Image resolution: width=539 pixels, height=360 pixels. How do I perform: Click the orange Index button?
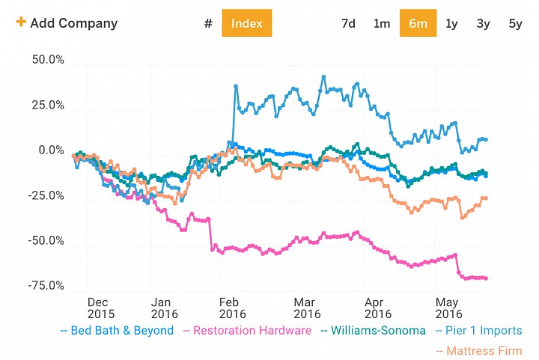pyautogui.click(x=247, y=23)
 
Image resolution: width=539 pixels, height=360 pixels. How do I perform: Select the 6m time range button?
pyautogui.click(x=418, y=23)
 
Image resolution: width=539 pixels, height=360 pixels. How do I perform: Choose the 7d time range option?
pyautogui.click(x=348, y=23)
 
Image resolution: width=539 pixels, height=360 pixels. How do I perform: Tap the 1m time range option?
pyautogui.click(x=382, y=23)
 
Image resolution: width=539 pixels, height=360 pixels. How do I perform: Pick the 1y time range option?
pyautogui.click(x=451, y=24)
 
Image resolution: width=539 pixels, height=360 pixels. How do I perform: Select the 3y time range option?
pyautogui.click(x=483, y=24)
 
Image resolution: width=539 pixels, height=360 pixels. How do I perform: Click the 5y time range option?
pyautogui.click(x=515, y=24)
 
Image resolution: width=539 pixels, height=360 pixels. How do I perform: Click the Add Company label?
pyautogui.click(x=74, y=23)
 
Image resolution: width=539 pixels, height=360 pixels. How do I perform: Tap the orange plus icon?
pyautogui.click(x=21, y=22)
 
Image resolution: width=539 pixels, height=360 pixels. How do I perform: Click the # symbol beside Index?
pyautogui.click(x=208, y=23)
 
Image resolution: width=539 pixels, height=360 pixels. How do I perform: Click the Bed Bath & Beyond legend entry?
pyautogui.click(x=118, y=331)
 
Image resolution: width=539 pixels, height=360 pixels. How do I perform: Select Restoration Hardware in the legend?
pyautogui.click(x=248, y=331)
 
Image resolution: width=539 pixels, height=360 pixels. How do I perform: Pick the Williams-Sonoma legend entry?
pyautogui.click(x=374, y=331)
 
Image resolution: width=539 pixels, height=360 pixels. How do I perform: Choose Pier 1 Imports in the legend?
pyautogui.click(x=479, y=331)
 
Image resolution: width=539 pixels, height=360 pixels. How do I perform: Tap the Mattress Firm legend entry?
pyautogui.click(x=479, y=351)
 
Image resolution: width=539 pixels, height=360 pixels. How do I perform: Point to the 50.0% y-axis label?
pyautogui.click(x=48, y=60)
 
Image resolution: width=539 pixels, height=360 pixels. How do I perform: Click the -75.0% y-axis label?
pyautogui.click(x=46, y=285)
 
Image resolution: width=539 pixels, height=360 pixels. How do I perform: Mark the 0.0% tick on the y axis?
pyautogui.click(x=51, y=150)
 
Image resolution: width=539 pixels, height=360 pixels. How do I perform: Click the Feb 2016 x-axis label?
pyautogui.click(x=232, y=308)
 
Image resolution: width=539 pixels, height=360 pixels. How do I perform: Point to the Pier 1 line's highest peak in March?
pyautogui.click(x=323, y=77)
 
